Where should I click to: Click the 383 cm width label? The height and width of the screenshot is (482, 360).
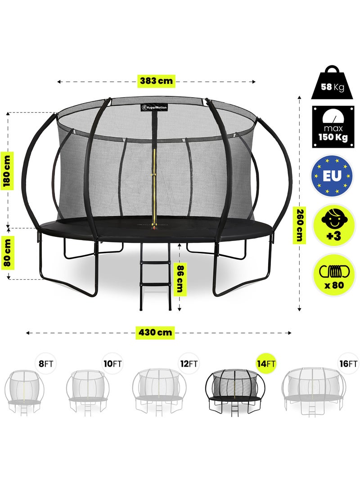[x=156, y=81]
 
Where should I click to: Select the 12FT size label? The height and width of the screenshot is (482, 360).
[x=188, y=364]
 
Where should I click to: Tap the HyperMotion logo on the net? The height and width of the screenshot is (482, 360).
[x=153, y=108]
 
